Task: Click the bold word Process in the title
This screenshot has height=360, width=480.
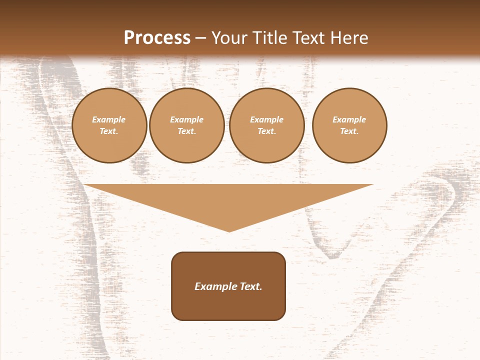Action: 157,38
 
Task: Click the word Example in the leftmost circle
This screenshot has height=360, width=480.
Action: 109,119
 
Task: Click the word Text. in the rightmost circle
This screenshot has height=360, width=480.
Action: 349,131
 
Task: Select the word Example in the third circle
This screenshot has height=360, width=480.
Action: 267,119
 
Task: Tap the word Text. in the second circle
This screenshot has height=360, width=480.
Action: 187,131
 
